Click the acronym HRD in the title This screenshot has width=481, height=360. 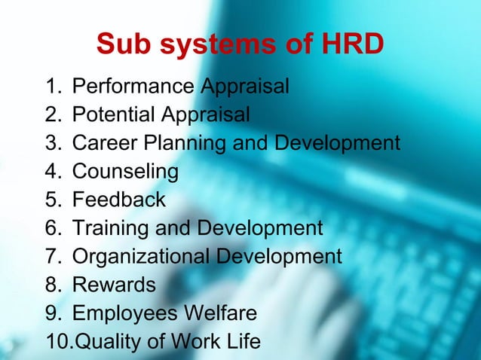point(352,46)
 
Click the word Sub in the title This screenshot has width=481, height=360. point(124,46)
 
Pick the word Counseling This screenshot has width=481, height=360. point(125,172)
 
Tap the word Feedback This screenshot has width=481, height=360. point(118,200)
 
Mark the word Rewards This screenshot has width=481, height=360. point(114,285)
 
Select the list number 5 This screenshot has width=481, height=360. point(54,200)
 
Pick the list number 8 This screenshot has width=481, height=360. point(54,285)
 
